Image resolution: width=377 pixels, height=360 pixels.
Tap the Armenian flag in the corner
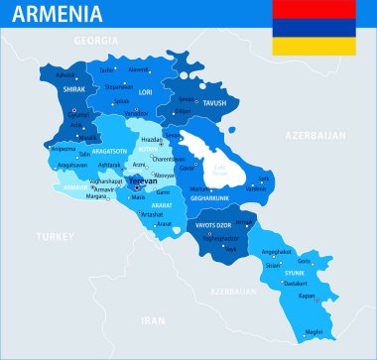[314, 27]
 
